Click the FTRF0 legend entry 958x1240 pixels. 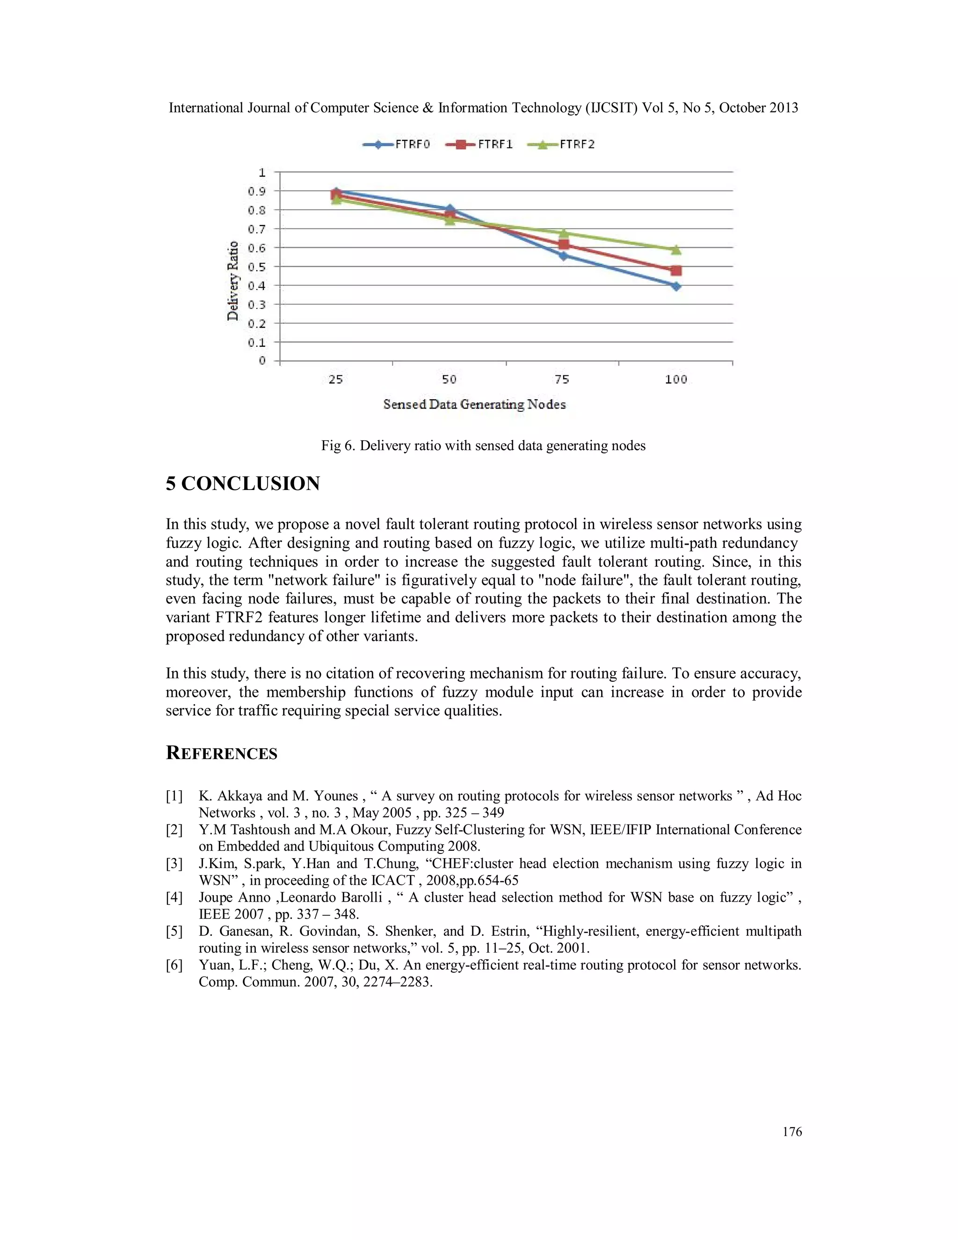(x=397, y=145)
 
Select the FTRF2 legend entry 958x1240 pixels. (x=561, y=145)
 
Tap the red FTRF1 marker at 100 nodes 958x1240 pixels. (x=676, y=271)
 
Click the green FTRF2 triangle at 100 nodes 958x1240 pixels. (x=676, y=250)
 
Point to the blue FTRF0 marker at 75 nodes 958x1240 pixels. (x=563, y=255)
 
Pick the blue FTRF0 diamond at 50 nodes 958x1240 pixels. (x=450, y=210)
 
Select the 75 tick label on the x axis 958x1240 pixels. (x=562, y=379)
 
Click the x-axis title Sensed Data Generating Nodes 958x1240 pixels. (x=474, y=404)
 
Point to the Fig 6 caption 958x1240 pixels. (x=483, y=445)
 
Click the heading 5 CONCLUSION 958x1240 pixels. (x=243, y=484)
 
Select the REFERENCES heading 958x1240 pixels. (x=221, y=753)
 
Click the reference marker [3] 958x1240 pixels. (x=174, y=864)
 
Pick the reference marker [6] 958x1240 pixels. (x=174, y=965)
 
